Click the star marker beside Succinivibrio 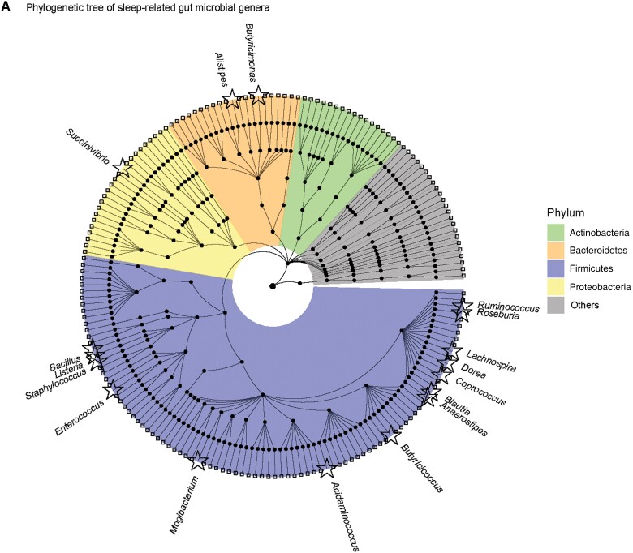click(123, 167)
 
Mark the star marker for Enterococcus click(111, 391)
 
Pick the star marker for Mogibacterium click(197, 461)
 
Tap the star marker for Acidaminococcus click(327, 468)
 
